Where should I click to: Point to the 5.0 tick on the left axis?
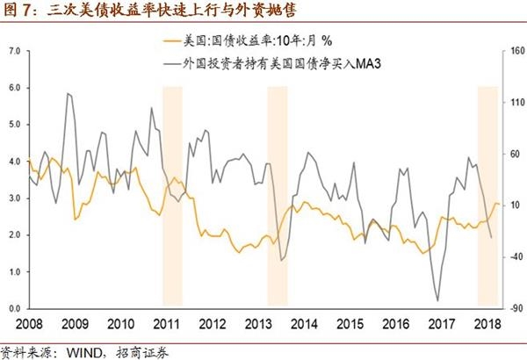[13, 125]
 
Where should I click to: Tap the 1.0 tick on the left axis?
[13, 272]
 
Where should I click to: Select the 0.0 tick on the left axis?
[13, 309]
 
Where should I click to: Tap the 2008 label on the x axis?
[28, 323]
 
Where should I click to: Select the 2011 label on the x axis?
[167, 323]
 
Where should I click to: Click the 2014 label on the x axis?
[305, 323]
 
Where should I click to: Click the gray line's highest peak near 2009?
[68, 93]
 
